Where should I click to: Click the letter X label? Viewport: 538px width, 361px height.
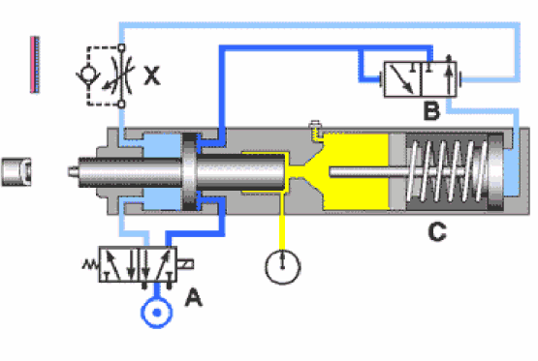[151, 74]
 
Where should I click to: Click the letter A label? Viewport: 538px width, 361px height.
[193, 299]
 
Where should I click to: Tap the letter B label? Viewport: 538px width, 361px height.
[432, 111]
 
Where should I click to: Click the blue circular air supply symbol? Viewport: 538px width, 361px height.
[152, 314]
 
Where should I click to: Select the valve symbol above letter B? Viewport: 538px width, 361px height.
[425, 76]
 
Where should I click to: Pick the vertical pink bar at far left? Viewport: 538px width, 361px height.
[34, 64]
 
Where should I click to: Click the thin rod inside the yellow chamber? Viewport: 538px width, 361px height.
[359, 173]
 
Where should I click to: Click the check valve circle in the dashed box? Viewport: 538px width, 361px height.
[86, 74]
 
